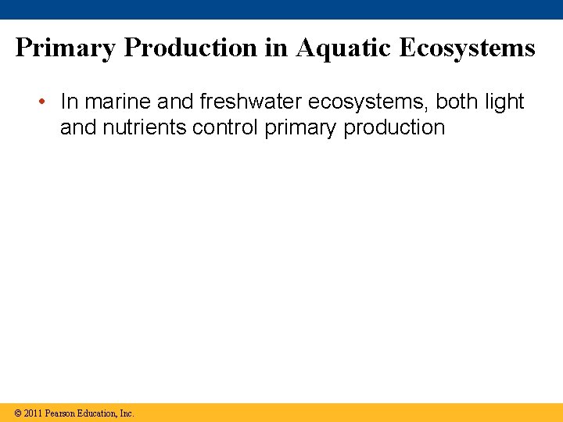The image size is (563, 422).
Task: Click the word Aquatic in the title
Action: (343, 48)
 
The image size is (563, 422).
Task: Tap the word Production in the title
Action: (191, 48)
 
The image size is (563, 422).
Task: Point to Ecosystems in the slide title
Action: (467, 48)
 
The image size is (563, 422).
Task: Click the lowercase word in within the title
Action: (276, 48)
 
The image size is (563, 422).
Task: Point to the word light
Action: (505, 102)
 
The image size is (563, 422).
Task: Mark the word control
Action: (225, 127)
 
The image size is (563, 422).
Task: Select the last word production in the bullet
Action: (394, 127)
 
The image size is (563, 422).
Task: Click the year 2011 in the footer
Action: (33, 413)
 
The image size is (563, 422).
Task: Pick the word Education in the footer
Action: (98, 413)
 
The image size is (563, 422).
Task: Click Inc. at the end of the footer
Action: (127, 413)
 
